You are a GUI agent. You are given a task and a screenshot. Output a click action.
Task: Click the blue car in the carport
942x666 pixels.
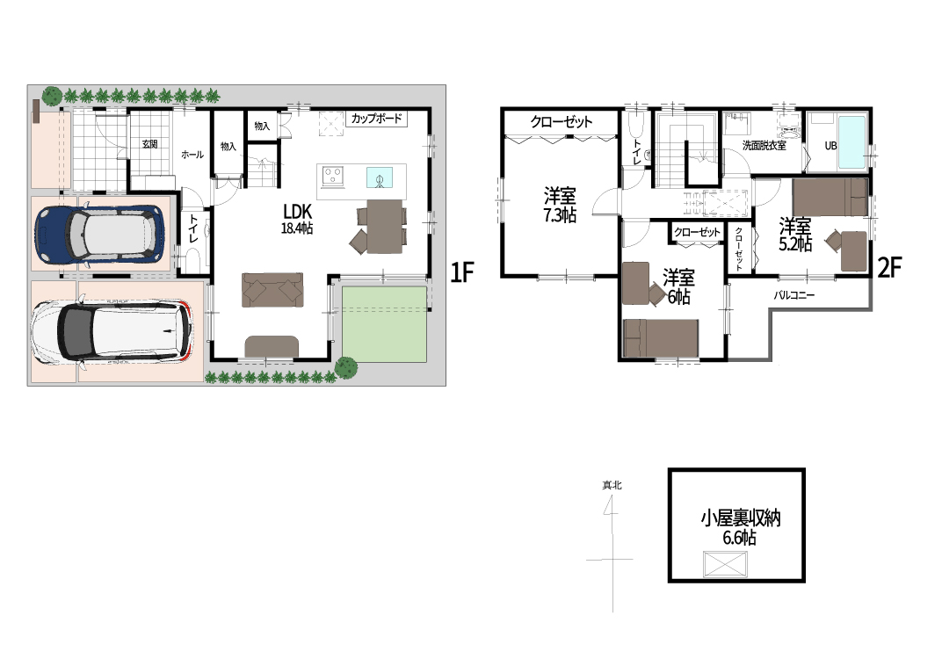pyautogui.click(x=99, y=235)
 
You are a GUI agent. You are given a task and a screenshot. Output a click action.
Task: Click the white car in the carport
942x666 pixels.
pyautogui.click(x=112, y=332)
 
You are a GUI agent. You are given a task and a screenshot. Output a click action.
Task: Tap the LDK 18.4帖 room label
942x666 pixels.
pyautogui.click(x=297, y=219)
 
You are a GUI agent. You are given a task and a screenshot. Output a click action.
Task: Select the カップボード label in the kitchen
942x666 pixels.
pyautogui.click(x=377, y=119)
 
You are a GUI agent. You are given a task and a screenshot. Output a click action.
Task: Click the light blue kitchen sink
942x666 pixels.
pyautogui.click(x=380, y=177)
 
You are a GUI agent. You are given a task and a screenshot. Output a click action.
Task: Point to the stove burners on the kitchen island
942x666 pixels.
pyautogui.click(x=333, y=176)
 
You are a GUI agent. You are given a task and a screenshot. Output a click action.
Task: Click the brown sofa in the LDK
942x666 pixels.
pyautogui.click(x=272, y=289)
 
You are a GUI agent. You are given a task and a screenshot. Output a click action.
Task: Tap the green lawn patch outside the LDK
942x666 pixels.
pyautogui.click(x=385, y=323)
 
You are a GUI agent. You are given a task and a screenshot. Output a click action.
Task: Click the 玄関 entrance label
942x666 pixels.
pyautogui.click(x=149, y=144)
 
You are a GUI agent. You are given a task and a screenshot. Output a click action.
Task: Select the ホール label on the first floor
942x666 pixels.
pyautogui.click(x=192, y=155)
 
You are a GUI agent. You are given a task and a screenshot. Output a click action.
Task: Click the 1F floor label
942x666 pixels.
pyautogui.click(x=462, y=273)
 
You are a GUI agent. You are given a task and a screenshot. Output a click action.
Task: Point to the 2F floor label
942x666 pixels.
pyautogui.click(x=890, y=268)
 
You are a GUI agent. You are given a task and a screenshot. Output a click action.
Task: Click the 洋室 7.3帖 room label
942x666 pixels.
pyautogui.click(x=560, y=205)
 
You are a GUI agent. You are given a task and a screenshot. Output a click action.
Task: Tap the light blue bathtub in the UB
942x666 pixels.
pyautogui.click(x=851, y=142)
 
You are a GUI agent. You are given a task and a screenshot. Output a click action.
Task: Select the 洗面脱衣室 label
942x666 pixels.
pyautogui.click(x=764, y=145)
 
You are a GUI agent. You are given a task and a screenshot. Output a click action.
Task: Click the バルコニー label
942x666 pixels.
pyautogui.click(x=793, y=295)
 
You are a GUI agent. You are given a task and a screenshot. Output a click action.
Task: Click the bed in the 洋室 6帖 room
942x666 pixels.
pyautogui.click(x=661, y=338)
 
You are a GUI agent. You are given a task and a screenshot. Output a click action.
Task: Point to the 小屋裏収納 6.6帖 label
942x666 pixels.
pyautogui.click(x=740, y=527)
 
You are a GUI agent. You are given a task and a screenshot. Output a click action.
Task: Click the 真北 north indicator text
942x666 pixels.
pyautogui.click(x=612, y=485)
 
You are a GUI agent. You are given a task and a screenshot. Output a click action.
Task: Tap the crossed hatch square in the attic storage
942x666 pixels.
pyautogui.click(x=725, y=564)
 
